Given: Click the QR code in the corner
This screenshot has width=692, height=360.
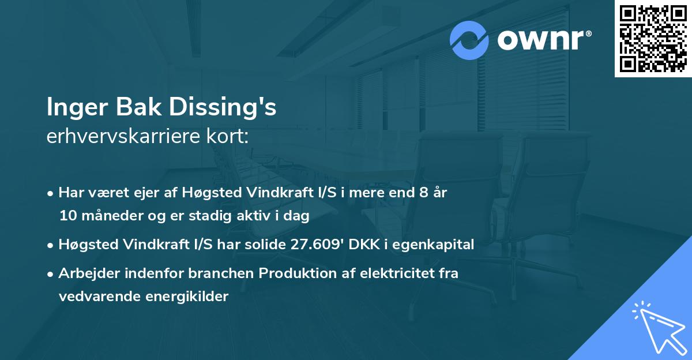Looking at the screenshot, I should tap(653, 39).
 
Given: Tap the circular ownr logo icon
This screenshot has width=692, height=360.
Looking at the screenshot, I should tap(469, 40).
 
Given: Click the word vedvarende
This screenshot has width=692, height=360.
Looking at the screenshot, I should tap(94, 297).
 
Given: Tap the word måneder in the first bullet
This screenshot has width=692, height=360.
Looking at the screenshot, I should tap(107, 216).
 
